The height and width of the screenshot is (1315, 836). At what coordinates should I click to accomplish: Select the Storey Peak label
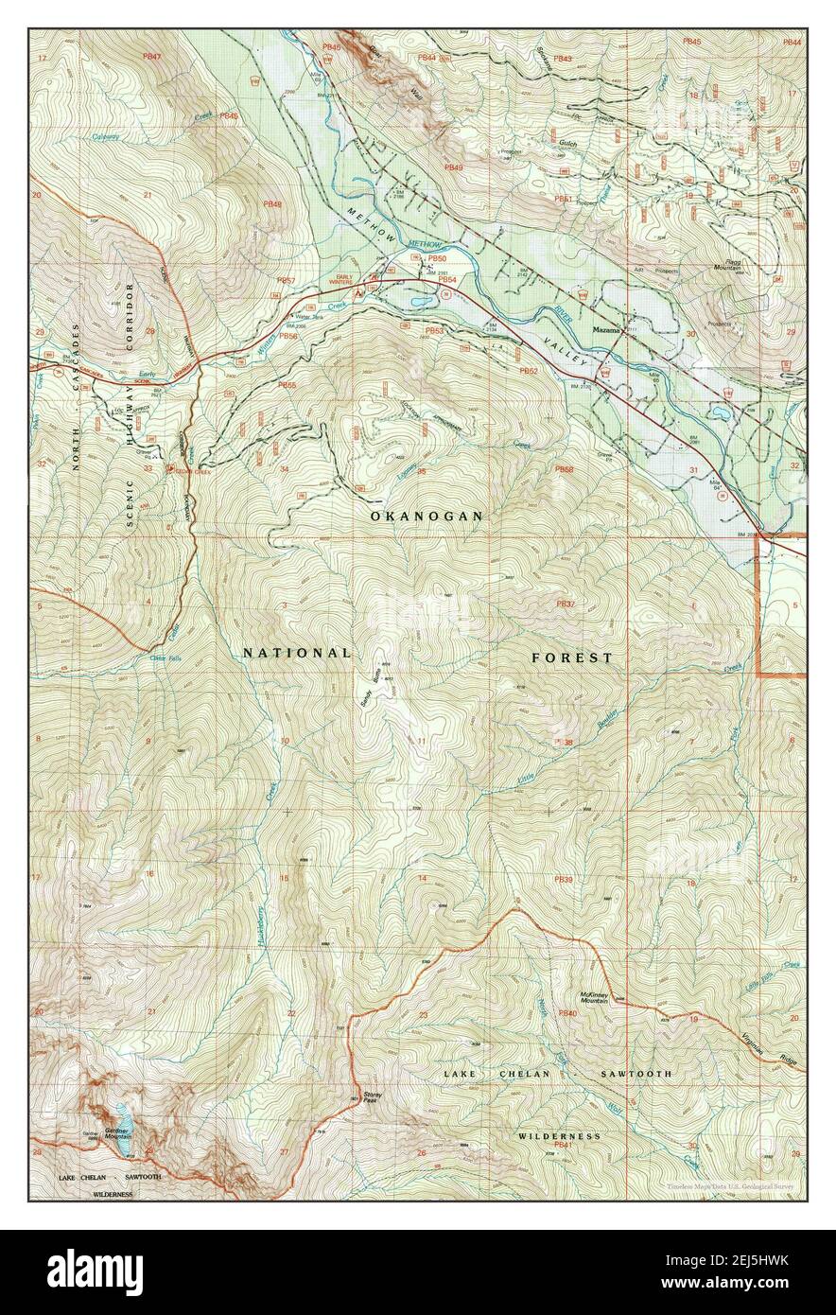[373, 1098]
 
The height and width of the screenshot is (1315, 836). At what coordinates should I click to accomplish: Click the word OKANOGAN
[427, 516]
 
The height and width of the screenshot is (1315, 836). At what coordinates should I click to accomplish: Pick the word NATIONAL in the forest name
[297, 653]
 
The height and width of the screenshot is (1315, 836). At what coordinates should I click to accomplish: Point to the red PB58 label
[565, 469]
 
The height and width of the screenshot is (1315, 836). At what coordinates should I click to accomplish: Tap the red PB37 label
[566, 604]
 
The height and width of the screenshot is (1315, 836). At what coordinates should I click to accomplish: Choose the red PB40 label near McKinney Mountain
[567, 1014]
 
